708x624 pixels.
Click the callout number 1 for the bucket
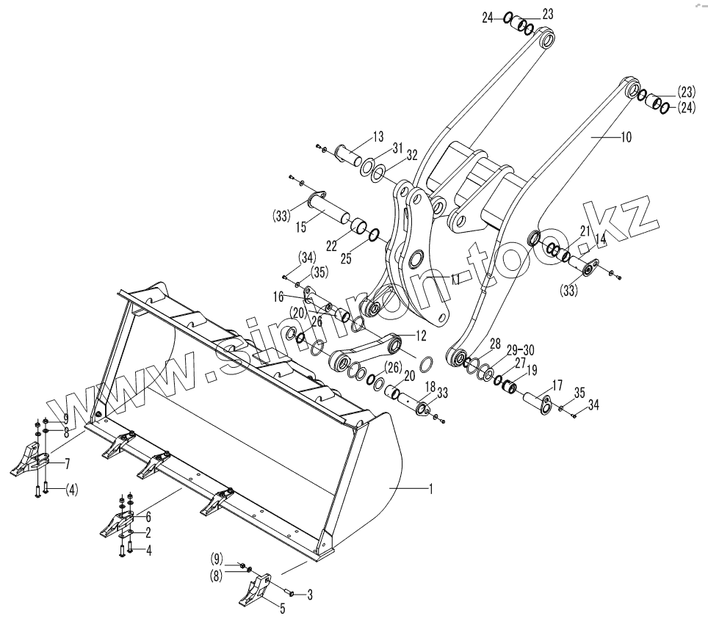430,488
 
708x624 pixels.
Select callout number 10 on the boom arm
626,137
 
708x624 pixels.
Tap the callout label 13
378,137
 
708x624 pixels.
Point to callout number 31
397,147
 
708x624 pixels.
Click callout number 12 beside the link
420,336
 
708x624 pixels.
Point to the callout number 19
532,369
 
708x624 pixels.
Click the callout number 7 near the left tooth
68,463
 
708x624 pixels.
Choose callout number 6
148,517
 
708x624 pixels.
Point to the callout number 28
496,344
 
